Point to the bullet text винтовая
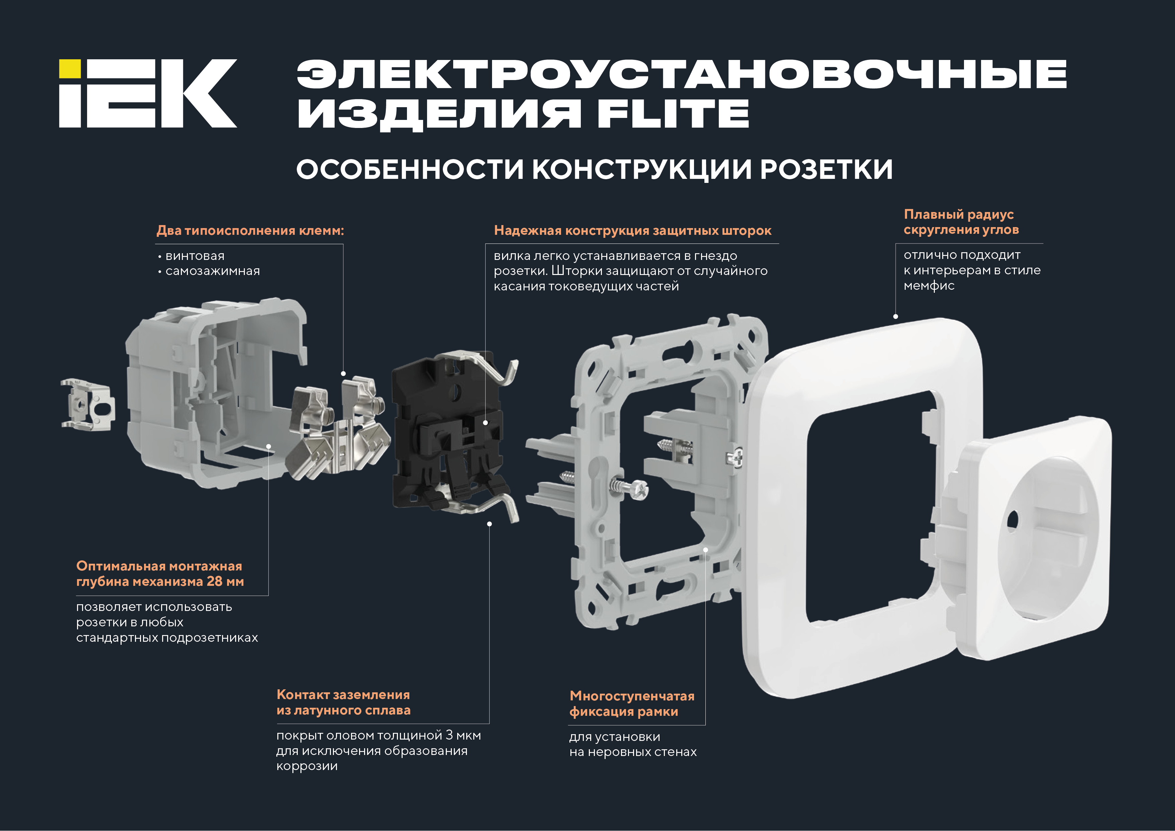(195, 256)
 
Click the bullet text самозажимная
(212, 271)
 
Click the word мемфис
(929, 286)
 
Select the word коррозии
(307, 767)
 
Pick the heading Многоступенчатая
(632, 696)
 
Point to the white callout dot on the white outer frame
(896, 317)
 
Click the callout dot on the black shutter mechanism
(485, 423)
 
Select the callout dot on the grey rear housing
(269, 446)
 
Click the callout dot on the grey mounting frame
(705, 550)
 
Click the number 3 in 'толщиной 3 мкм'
(449, 735)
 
